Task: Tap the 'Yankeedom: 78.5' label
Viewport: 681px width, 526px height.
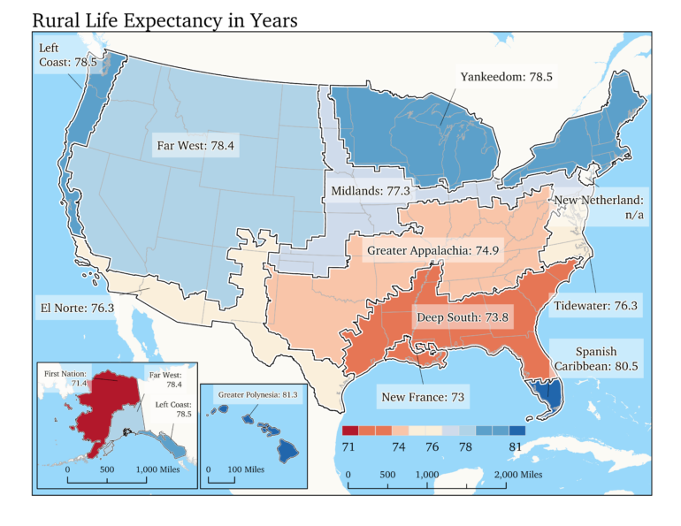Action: [x=506, y=78]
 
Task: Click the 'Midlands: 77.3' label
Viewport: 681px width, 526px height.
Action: [x=371, y=190]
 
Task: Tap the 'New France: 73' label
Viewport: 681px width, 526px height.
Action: [x=423, y=397]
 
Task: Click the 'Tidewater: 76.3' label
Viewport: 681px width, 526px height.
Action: [x=595, y=307]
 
